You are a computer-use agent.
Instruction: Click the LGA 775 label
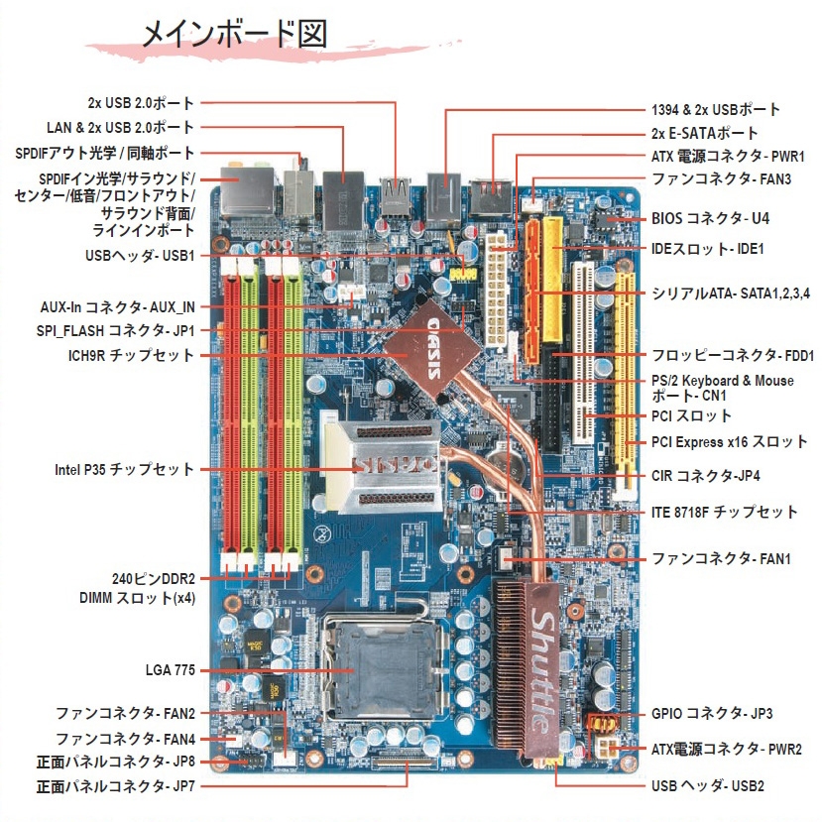170,670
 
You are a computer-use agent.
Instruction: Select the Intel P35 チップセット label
124,468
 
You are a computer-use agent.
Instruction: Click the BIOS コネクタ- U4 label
710,217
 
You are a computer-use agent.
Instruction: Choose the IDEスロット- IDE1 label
707,249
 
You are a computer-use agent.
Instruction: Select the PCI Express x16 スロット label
729,441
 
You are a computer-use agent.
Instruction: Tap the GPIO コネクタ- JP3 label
712,713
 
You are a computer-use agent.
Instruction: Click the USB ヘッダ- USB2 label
708,786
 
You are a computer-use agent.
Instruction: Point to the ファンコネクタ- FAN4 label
126,739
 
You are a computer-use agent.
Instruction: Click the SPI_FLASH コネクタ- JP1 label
123,330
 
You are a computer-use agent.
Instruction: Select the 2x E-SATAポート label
704,133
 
